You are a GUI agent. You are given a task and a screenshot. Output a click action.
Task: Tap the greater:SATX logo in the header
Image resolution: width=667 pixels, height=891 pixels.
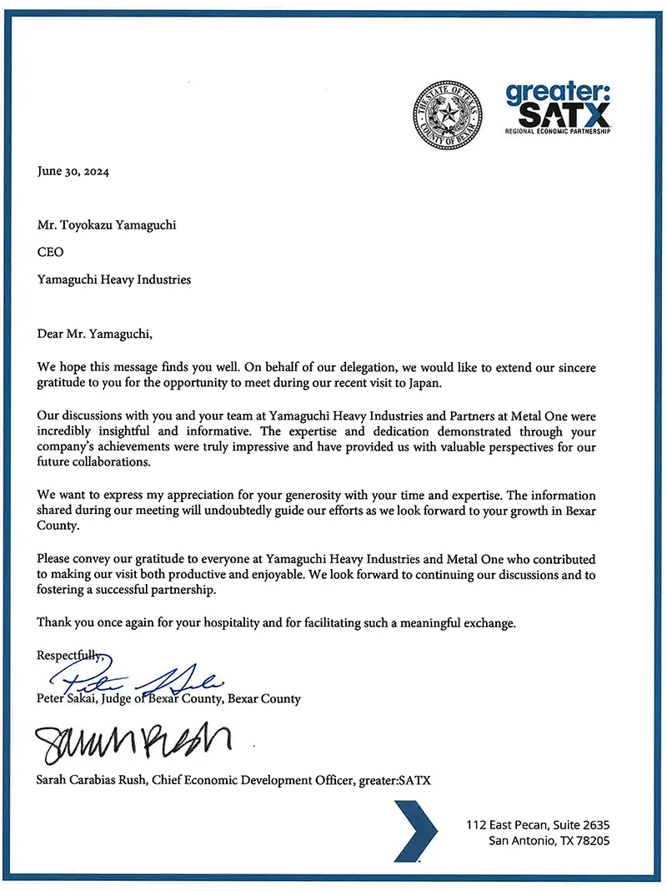point(558,108)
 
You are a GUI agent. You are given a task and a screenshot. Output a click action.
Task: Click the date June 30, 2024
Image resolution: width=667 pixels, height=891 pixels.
point(73,173)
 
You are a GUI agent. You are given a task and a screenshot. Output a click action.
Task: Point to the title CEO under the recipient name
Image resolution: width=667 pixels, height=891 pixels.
point(50,253)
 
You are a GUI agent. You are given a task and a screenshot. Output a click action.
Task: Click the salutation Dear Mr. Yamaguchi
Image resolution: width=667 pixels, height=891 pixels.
point(95,334)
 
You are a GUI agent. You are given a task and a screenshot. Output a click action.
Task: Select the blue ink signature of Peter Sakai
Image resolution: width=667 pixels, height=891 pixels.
point(138,681)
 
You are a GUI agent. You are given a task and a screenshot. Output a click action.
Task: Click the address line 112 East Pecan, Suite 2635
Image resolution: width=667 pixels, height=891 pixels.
point(538,825)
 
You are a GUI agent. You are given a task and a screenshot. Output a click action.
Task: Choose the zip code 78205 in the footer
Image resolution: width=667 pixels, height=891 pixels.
point(592,841)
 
